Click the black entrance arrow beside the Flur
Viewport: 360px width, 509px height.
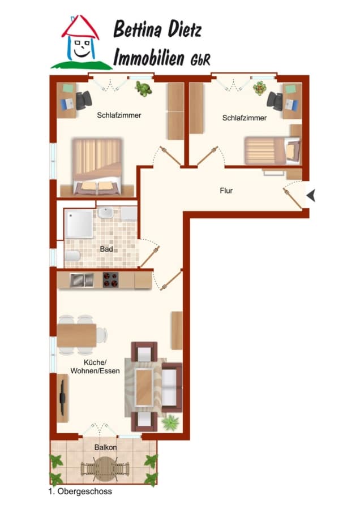[311, 196]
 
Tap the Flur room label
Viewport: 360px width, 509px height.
[226, 191]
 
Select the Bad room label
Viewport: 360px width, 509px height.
[106, 249]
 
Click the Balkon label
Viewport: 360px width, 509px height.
[106, 447]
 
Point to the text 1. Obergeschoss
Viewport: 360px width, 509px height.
[80, 491]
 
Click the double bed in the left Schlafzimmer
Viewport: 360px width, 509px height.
[97, 167]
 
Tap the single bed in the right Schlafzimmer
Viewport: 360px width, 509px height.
[273, 150]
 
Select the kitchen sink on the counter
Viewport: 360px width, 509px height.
[82, 281]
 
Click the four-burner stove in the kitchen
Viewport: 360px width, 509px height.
[110, 280]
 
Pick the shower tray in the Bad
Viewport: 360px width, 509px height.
[79, 224]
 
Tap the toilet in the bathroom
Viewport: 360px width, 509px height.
[72, 256]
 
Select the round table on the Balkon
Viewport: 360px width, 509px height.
[105, 469]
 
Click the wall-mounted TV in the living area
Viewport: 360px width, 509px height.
[62, 397]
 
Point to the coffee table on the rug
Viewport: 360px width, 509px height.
[144, 387]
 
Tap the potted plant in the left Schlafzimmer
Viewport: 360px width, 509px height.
[143, 89]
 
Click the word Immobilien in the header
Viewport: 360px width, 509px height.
[148, 57]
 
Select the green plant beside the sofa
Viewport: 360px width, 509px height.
[170, 422]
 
